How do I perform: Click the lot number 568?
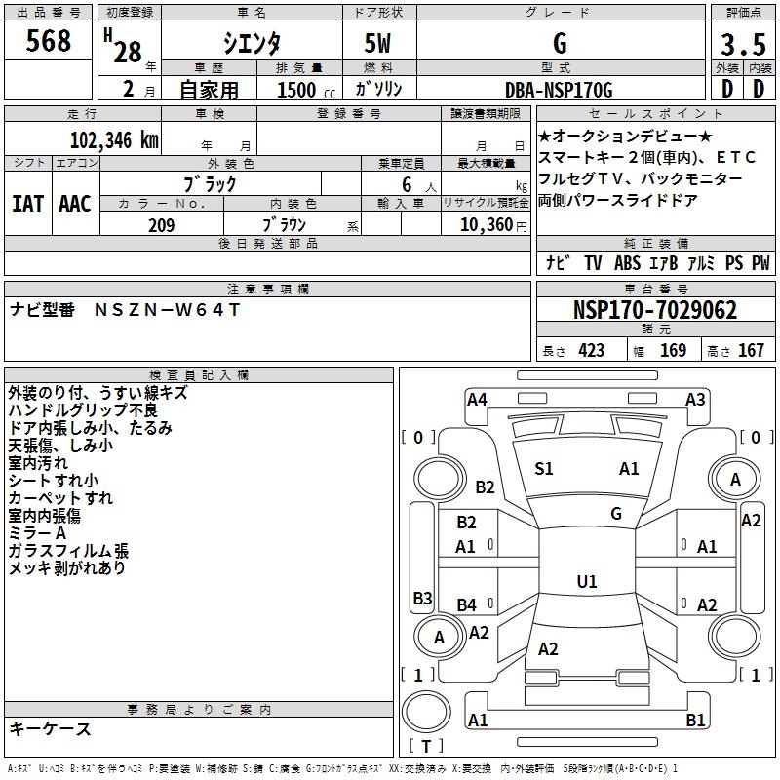pyautogui.click(x=49, y=42)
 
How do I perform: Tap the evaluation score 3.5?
pyautogui.click(x=741, y=45)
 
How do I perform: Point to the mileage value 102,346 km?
pyautogui.click(x=114, y=140)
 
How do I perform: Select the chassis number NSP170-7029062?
pyautogui.click(x=654, y=310)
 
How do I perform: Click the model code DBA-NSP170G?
pyautogui.click(x=560, y=90)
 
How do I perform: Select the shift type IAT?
pyautogui.click(x=27, y=204)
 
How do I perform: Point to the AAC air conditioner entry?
pyautogui.click(x=75, y=204)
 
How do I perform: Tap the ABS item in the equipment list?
pyautogui.click(x=627, y=263)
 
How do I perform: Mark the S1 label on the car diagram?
pyautogui.click(x=544, y=469)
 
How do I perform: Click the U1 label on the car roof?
pyautogui.click(x=586, y=582)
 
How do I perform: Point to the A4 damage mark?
pyautogui.click(x=477, y=399)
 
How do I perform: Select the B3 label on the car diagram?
pyautogui.click(x=422, y=598)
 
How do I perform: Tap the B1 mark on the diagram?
pyautogui.click(x=695, y=721)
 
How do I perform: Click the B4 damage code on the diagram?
pyautogui.click(x=467, y=604)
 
